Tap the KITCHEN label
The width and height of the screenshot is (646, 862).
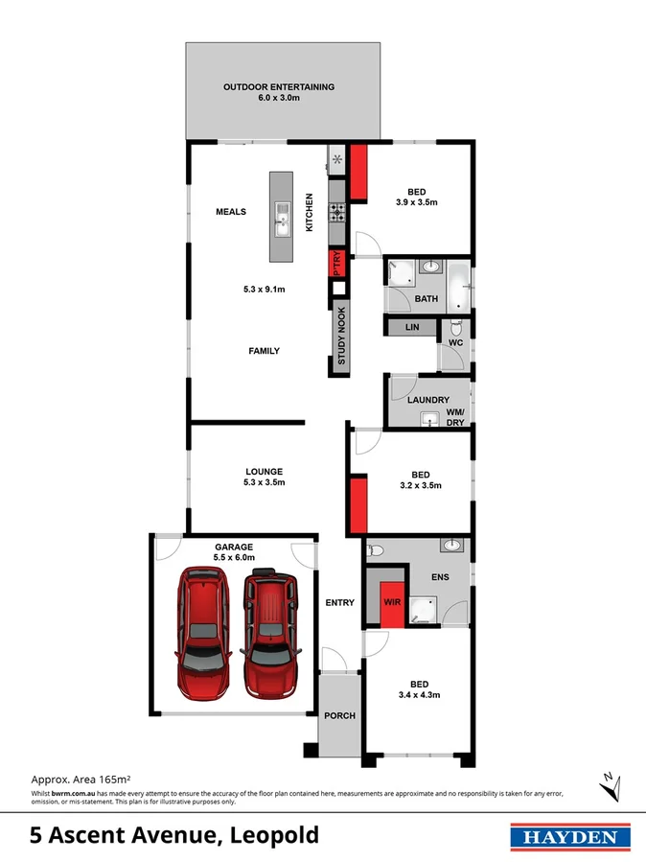point(310,213)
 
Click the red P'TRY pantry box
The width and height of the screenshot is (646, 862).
point(337,263)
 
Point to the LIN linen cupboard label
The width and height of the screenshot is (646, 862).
point(412,328)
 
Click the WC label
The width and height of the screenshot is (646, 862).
point(456,342)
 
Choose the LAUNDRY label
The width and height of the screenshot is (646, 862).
point(428,400)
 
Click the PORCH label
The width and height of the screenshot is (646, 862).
point(340,715)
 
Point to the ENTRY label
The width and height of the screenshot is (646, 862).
point(340,603)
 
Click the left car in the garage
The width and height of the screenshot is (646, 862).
point(205,633)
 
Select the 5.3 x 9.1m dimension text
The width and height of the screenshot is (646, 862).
point(264,290)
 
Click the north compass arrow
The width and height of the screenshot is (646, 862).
point(606,785)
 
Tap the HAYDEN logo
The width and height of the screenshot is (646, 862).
point(569,837)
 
